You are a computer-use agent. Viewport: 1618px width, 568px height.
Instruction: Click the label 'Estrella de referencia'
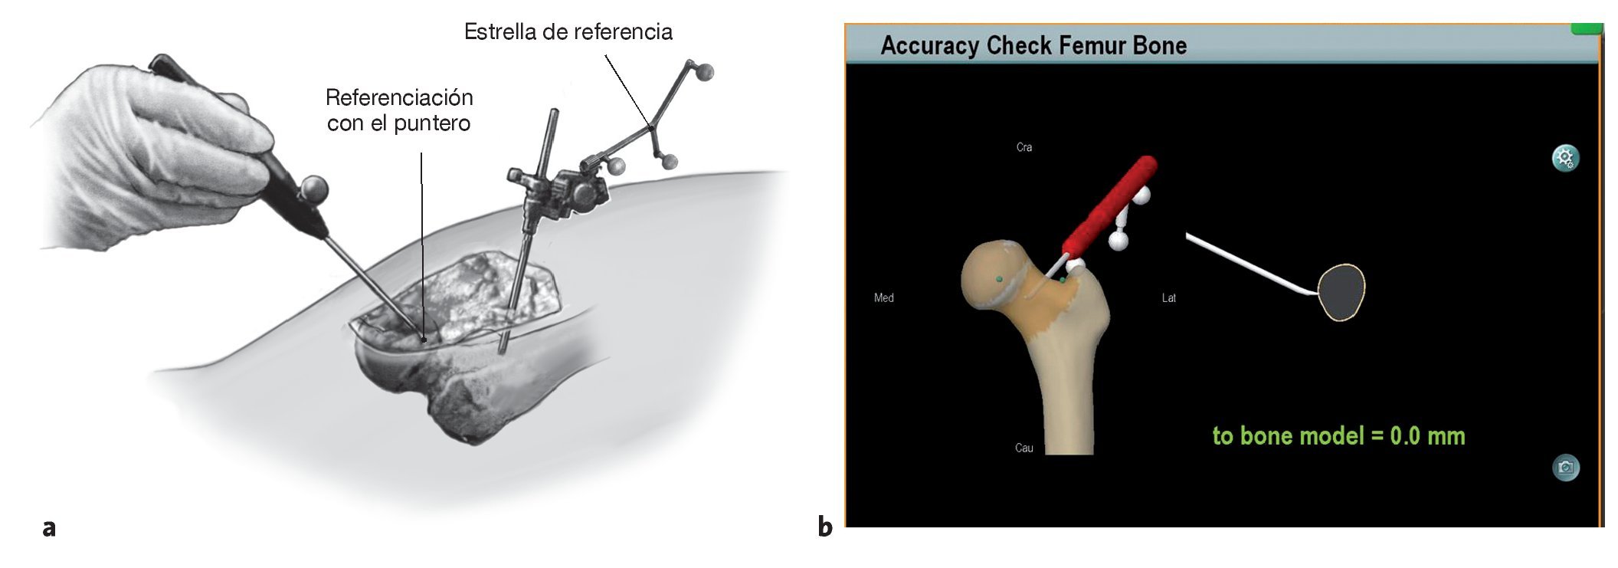point(568,32)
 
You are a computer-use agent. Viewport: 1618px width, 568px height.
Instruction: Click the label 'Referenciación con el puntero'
point(398,110)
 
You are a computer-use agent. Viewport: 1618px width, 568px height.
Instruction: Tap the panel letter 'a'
point(49,527)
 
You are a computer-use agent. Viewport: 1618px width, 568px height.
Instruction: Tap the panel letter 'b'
point(824,527)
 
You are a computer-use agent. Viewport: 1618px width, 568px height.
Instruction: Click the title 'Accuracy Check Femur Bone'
point(1033,46)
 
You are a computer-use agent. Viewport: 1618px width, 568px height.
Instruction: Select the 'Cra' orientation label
point(1024,147)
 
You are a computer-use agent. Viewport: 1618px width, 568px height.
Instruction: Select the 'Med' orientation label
point(883,298)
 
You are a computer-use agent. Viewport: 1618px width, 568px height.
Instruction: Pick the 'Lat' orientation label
point(1168,298)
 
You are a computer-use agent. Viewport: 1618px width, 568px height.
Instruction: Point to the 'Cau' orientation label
point(1024,448)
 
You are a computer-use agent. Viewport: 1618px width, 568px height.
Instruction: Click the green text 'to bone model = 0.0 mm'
point(1338,436)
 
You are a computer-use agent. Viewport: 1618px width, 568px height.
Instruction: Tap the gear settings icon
point(1564,158)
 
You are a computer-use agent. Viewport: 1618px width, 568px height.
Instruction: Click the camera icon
point(1565,468)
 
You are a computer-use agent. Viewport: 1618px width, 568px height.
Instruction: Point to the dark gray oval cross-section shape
point(1342,292)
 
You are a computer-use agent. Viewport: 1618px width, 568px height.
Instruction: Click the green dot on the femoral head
point(999,279)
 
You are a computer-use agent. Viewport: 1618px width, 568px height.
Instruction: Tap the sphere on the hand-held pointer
point(314,187)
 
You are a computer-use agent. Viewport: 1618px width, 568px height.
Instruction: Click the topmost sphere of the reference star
point(704,73)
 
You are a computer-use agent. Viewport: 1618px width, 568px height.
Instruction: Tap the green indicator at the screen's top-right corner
point(1586,29)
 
